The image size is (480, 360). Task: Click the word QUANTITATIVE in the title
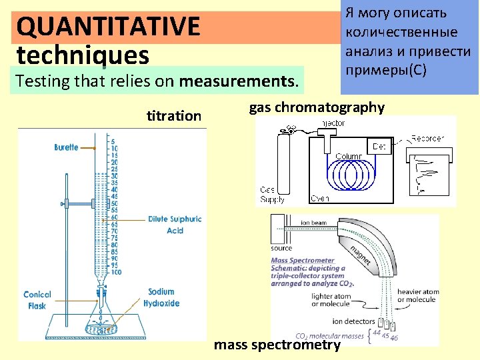click(x=109, y=27)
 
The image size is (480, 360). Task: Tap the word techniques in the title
click(x=83, y=54)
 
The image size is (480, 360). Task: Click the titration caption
click(x=173, y=116)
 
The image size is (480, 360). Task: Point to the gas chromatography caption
click(x=317, y=107)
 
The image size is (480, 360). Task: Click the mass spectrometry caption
click(x=277, y=345)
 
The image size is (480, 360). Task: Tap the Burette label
click(x=67, y=147)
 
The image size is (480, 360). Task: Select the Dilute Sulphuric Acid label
click(x=175, y=225)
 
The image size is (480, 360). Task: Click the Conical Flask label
click(x=37, y=300)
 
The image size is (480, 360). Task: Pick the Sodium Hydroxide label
click(x=161, y=297)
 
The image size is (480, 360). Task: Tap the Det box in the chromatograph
click(x=379, y=146)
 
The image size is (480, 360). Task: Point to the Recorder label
click(x=427, y=139)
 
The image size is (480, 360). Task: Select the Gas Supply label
click(x=271, y=195)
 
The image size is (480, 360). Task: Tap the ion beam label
click(x=313, y=223)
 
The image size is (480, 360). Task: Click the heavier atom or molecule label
click(x=418, y=295)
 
